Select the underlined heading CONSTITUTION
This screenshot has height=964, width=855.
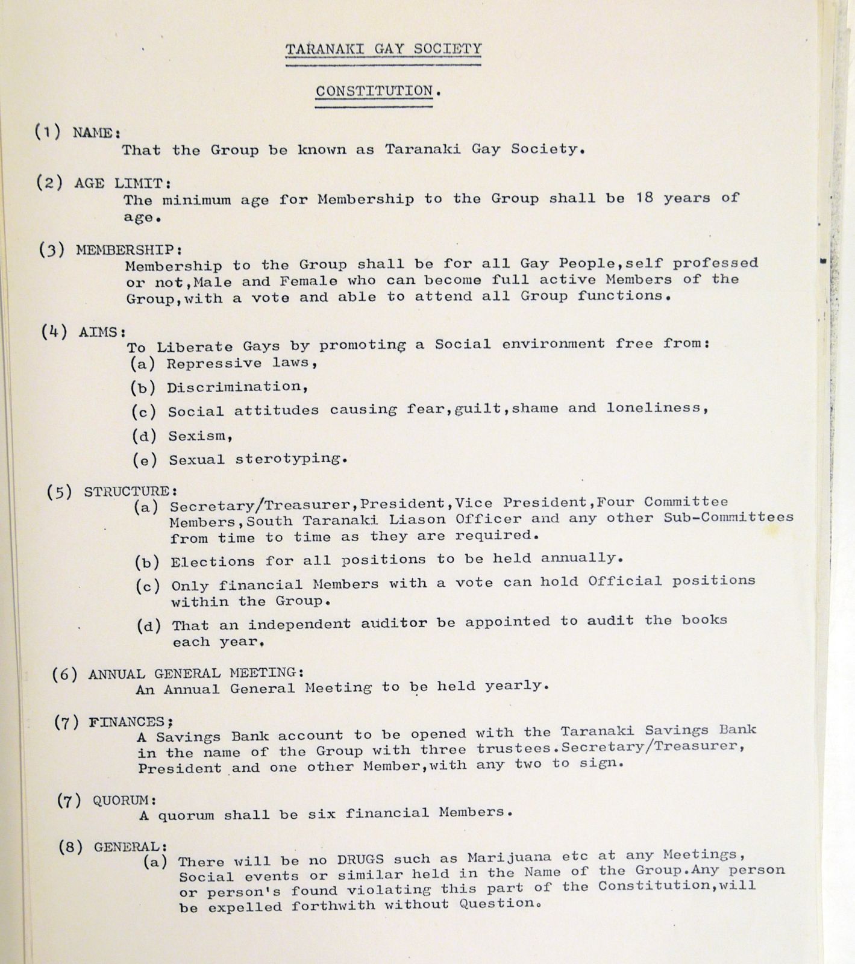374,91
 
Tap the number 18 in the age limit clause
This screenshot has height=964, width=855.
644,198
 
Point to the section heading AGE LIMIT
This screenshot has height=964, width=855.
123,183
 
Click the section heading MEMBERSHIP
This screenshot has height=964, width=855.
128,250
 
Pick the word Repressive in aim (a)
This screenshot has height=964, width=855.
214,363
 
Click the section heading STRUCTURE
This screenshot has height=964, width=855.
130,492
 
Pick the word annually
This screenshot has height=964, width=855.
581,558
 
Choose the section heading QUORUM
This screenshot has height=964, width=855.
125,800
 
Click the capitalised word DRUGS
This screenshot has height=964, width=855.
358,859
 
